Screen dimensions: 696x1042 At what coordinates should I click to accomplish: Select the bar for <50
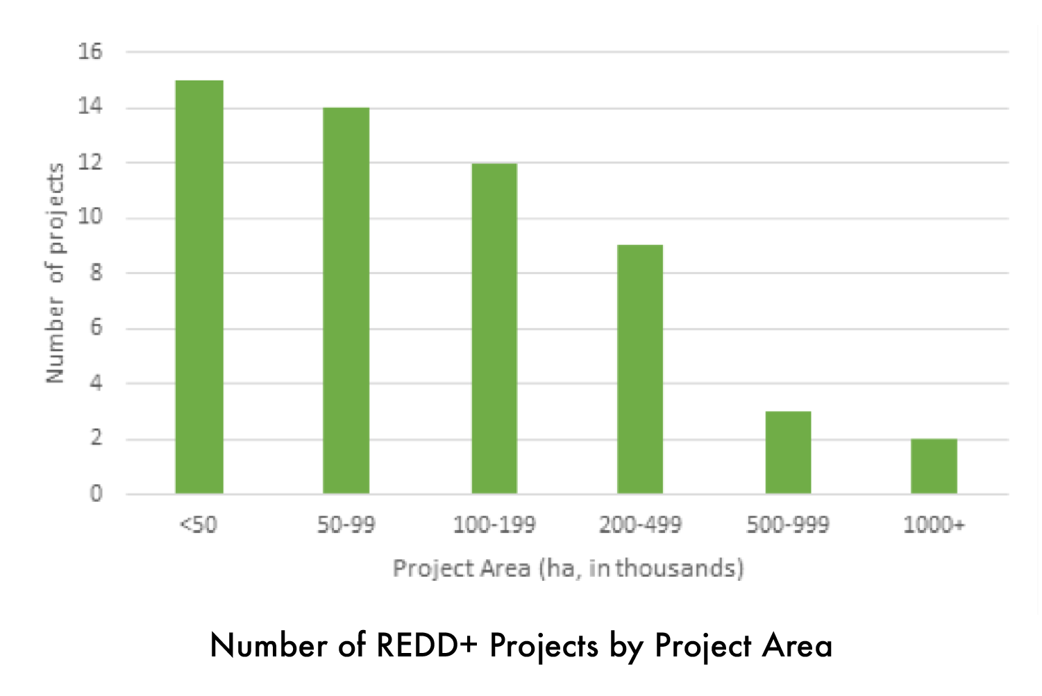[x=199, y=287]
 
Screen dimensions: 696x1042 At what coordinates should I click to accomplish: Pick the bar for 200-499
[x=640, y=369]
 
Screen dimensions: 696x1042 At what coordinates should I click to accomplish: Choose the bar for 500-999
[x=788, y=452]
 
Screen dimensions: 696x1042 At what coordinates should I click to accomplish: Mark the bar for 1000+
[x=934, y=466]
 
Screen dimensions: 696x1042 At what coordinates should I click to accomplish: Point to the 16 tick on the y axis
[x=90, y=51]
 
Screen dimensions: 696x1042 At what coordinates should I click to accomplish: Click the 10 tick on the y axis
[x=90, y=217]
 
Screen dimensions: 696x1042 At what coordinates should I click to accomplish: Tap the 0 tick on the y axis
[x=96, y=494]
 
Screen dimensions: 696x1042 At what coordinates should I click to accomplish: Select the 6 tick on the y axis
[x=96, y=328]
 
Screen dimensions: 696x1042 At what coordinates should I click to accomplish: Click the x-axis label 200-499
[x=640, y=525]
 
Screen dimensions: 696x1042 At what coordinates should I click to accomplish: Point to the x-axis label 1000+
[x=934, y=525]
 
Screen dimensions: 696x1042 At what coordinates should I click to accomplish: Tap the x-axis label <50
[x=199, y=525]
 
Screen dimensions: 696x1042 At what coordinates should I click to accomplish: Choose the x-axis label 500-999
[x=788, y=525]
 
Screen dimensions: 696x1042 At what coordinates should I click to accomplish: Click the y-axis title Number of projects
[x=55, y=273]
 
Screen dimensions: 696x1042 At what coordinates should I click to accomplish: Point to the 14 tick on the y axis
[x=90, y=107]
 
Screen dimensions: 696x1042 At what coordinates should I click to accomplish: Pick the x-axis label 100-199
[x=494, y=525]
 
